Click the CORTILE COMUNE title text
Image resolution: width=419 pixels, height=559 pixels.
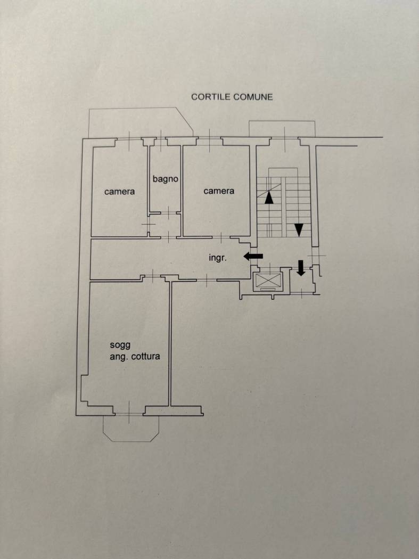[x=232, y=97]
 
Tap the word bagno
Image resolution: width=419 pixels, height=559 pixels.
[x=166, y=178]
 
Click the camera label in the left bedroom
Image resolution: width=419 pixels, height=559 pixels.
[x=119, y=192]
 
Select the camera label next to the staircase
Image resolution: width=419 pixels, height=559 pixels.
[x=219, y=191]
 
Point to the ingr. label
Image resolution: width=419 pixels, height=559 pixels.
[x=218, y=258]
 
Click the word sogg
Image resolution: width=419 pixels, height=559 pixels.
[x=120, y=345]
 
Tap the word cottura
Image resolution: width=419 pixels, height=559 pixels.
[x=145, y=356]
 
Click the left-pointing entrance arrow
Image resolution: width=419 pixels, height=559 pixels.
[x=253, y=256]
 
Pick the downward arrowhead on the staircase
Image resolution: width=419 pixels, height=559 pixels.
[x=299, y=230]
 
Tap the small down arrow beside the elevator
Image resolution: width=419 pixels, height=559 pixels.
[x=301, y=268]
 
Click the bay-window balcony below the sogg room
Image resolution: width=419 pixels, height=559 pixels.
[x=131, y=428]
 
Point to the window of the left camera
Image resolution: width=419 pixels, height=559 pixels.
[x=129, y=138]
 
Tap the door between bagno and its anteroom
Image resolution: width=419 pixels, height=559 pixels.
[x=168, y=213]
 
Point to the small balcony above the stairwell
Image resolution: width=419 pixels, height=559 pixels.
[x=282, y=129]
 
